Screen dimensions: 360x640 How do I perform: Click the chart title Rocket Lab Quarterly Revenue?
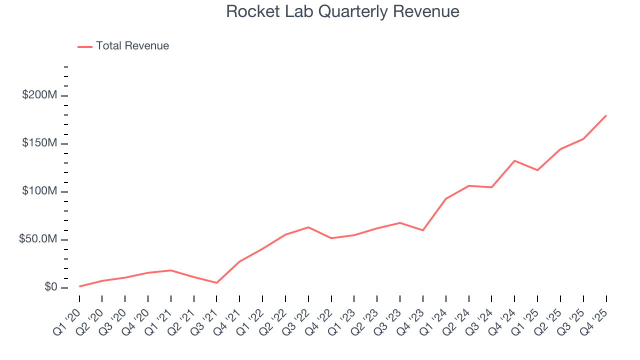point(342,11)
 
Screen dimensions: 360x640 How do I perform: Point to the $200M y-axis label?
point(39,95)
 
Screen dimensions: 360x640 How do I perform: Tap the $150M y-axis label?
point(39,143)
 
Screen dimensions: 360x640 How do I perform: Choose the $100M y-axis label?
point(39,191)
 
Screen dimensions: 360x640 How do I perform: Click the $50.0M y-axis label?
point(37,239)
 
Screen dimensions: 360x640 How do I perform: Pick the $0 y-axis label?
point(50,287)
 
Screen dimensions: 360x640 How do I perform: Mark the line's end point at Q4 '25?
point(606,115)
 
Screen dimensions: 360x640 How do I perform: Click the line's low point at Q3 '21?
point(216,283)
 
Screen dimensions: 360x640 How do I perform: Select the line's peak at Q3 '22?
point(308,227)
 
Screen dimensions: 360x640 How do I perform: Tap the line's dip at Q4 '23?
point(423,230)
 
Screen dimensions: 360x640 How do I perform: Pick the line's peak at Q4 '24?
point(514,160)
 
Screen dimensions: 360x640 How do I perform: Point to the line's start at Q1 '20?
point(79,286)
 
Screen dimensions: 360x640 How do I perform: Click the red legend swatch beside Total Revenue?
point(85,46)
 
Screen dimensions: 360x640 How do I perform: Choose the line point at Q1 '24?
point(445,198)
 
